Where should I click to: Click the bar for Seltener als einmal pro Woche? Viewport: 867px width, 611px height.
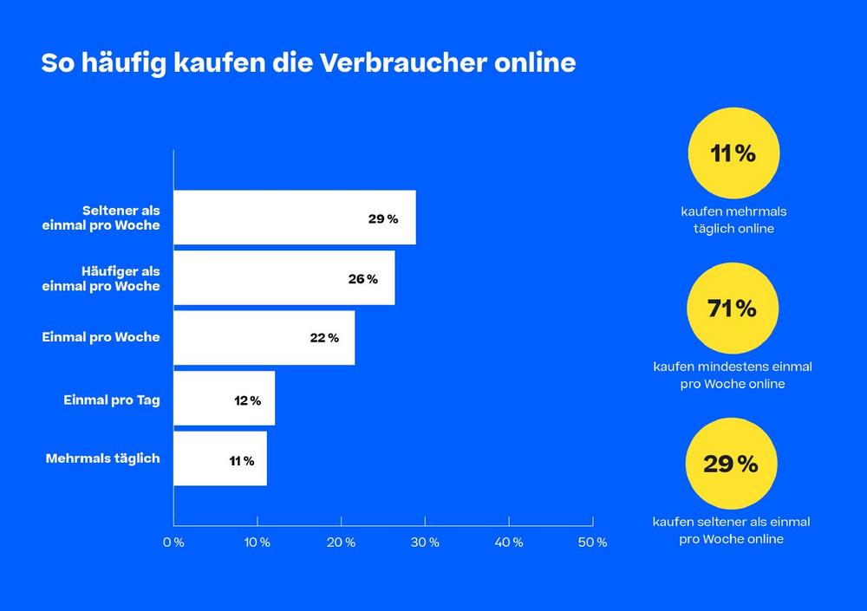tap(294, 218)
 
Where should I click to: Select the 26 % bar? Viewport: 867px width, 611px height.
tap(284, 278)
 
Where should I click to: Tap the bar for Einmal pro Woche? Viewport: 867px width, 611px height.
tap(264, 338)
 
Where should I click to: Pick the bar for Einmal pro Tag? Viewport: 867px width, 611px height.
tap(224, 399)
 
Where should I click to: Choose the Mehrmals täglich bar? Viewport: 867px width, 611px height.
tap(220, 458)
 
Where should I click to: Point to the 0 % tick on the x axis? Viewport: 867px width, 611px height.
tap(173, 543)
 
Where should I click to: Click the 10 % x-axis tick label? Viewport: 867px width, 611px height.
tap(257, 543)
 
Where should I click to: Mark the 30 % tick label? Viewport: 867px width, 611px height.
tap(425, 543)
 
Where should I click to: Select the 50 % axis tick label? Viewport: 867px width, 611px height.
tap(593, 543)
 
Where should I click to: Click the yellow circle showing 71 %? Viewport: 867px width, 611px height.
tap(733, 309)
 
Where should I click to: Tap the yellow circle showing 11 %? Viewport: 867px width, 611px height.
tap(733, 153)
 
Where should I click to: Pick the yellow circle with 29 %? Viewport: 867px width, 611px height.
tap(731, 465)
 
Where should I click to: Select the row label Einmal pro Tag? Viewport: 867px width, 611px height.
tap(112, 400)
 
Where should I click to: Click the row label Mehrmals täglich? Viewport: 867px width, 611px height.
tap(102, 458)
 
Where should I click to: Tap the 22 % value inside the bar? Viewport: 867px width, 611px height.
tap(324, 338)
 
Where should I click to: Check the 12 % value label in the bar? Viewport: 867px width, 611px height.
tap(247, 400)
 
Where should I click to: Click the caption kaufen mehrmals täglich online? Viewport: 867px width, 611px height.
tap(733, 220)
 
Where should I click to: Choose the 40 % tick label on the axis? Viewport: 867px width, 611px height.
tap(509, 543)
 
